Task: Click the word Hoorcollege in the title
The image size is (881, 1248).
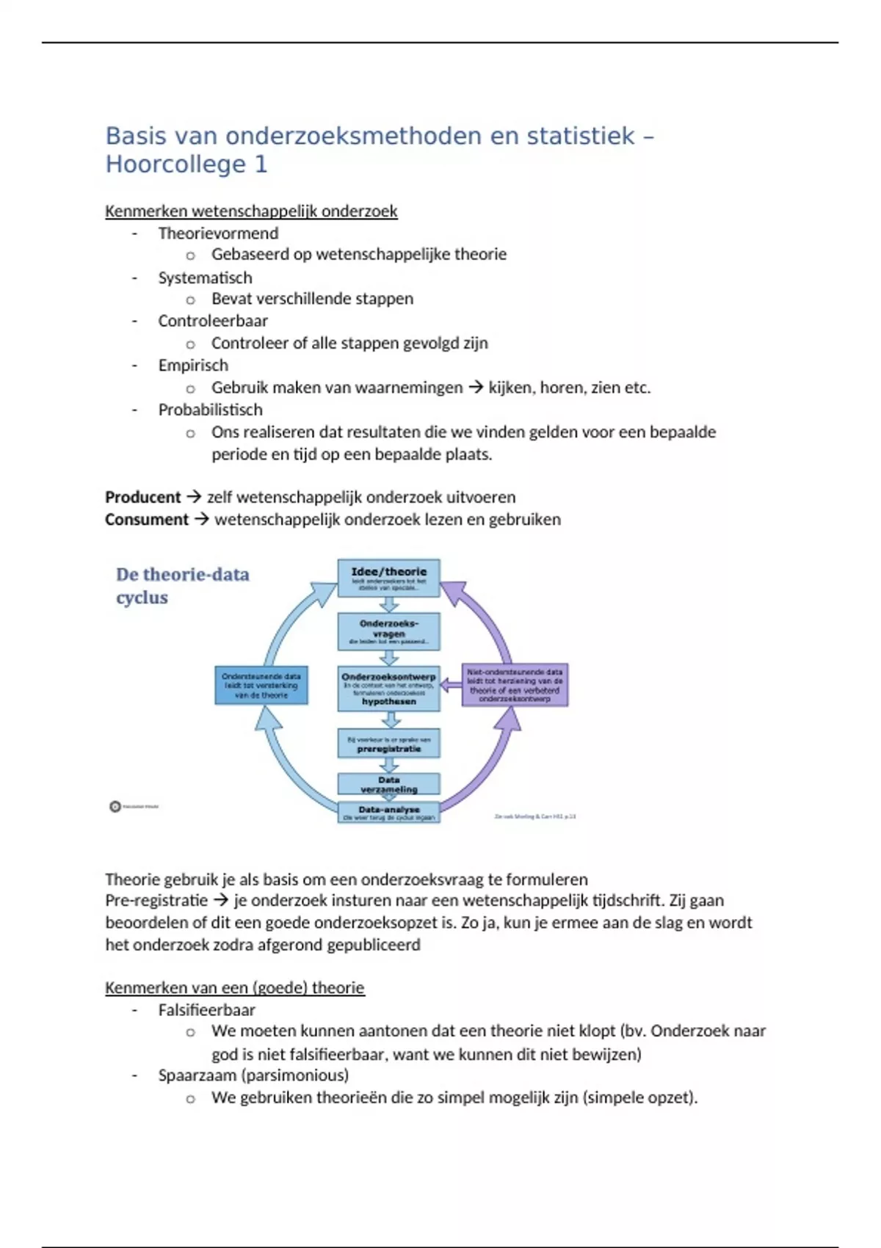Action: (x=175, y=164)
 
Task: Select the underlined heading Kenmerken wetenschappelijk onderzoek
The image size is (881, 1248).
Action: (x=251, y=211)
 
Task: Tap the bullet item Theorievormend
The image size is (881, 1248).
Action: (x=218, y=233)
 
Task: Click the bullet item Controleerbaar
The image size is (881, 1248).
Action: (x=213, y=321)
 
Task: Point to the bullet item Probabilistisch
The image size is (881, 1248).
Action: (x=210, y=410)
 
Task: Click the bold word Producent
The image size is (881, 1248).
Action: (x=142, y=497)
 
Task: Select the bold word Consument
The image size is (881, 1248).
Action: (x=147, y=520)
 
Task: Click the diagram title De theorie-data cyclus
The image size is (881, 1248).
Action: (x=182, y=585)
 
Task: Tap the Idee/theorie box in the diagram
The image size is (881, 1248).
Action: (x=388, y=578)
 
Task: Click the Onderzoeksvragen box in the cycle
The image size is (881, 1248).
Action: (x=388, y=631)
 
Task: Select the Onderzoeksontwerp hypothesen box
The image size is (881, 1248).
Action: (x=388, y=689)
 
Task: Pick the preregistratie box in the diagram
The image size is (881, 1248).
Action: (x=388, y=743)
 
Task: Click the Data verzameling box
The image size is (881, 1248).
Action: (x=388, y=784)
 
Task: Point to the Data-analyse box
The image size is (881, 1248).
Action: (x=388, y=812)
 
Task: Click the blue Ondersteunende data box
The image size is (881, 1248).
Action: (x=261, y=686)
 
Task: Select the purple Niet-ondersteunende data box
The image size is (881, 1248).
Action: (x=515, y=685)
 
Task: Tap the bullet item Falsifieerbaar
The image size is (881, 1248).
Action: (x=206, y=1010)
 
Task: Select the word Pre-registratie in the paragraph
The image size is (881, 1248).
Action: (x=156, y=901)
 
